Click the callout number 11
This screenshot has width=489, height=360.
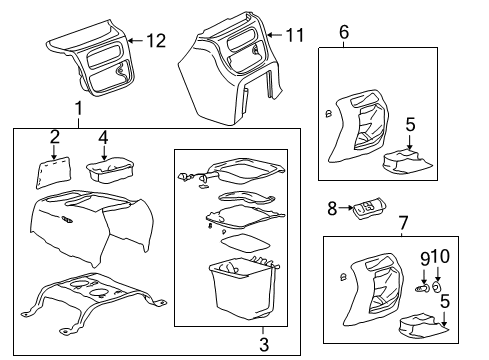[293, 36]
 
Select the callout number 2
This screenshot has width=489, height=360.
[55, 136]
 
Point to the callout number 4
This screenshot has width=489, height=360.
[104, 136]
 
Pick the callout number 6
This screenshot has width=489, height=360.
[344, 33]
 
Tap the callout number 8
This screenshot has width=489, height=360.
[333, 207]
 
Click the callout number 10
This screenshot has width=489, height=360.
[443, 257]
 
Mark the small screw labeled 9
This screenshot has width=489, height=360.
[423, 288]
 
